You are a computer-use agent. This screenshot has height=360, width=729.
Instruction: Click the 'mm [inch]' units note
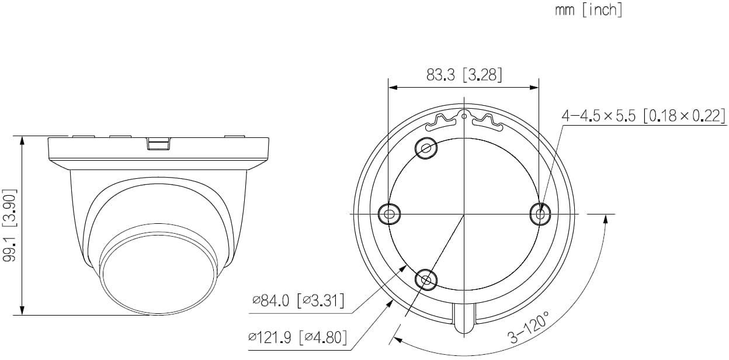coord(588,10)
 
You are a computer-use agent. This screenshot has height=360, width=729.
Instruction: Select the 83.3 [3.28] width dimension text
coord(464,75)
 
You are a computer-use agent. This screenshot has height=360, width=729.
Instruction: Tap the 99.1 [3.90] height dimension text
coord(10,225)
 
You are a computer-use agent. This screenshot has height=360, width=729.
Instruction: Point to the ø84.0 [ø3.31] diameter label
coord(298,301)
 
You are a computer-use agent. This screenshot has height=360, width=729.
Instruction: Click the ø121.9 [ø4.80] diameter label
coord(297,338)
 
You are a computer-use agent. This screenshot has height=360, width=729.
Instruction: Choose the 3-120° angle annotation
coord(529,327)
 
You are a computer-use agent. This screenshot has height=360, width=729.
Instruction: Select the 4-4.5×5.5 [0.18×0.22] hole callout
coord(643,116)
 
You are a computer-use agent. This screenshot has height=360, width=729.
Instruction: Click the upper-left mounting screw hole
coord(426,148)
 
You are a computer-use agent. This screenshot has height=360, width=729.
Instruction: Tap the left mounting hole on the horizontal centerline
coord(389,214)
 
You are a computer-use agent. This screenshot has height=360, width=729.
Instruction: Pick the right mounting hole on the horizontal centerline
coord(540,214)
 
